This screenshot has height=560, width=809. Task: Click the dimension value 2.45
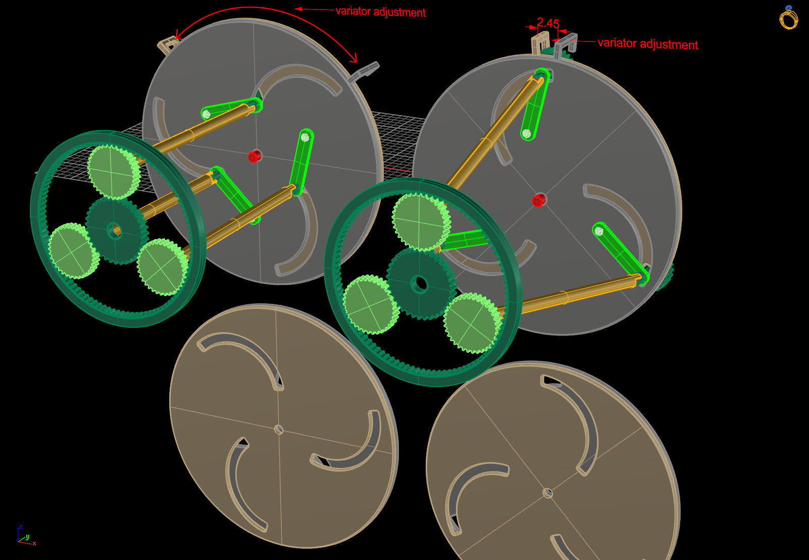pyautogui.click(x=548, y=23)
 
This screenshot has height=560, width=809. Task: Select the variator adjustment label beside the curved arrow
pyautogui.click(x=381, y=12)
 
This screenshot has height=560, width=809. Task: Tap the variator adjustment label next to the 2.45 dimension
pyautogui.click(x=648, y=44)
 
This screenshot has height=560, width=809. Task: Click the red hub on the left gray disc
pyautogui.click(x=255, y=156)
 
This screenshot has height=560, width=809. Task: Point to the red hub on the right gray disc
pyautogui.click(x=539, y=200)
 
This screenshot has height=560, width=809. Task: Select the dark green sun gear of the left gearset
pyautogui.click(x=116, y=230)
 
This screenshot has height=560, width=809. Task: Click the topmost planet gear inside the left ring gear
pyautogui.click(x=114, y=172)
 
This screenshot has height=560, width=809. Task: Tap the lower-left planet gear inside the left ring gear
pyautogui.click(x=73, y=251)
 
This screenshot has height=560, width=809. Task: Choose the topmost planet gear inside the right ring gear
pyautogui.click(x=421, y=221)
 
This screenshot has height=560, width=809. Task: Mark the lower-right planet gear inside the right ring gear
pyautogui.click(x=472, y=323)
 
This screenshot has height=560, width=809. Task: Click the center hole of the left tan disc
pyautogui.click(x=278, y=429)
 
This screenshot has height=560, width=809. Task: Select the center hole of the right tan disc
pyautogui.click(x=547, y=493)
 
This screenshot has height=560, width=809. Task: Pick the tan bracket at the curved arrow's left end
pyautogui.click(x=167, y=45)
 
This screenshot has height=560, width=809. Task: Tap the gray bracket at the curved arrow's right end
pyautogui.click(x=364, y=71)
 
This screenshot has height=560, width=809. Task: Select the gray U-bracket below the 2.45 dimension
pyautogui.click(x=565, y=45)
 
